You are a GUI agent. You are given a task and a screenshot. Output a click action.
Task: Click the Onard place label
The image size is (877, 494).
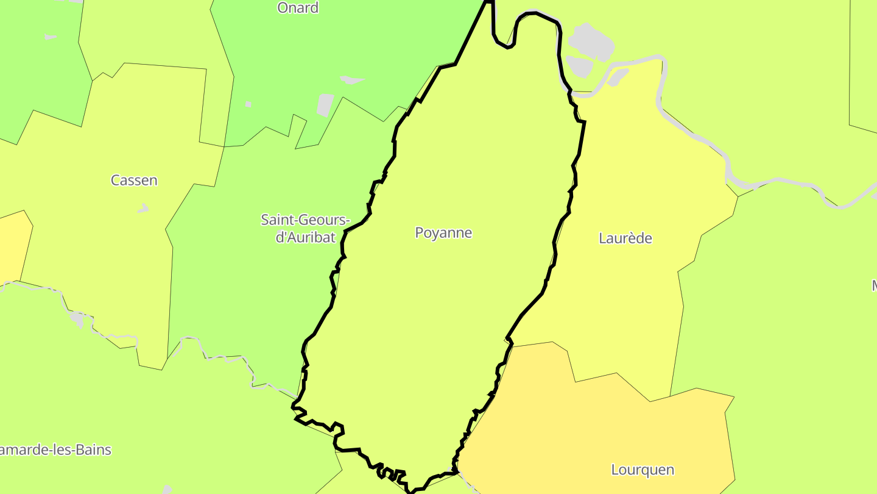[298, 8]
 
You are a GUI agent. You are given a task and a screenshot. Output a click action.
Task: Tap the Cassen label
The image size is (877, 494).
[134, 181]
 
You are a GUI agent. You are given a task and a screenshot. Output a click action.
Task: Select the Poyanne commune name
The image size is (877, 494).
[443, 233]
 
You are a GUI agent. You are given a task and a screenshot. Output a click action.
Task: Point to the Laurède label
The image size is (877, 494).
[625, 238]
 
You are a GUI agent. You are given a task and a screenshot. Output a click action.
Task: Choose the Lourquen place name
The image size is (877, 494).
[643, 470]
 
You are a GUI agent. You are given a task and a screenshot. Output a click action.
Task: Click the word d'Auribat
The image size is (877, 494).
[306, 237]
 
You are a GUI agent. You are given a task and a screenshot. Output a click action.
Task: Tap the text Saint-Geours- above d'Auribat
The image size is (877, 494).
[306, 220]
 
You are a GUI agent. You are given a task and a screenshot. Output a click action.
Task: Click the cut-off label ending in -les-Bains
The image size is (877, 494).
[55, 451]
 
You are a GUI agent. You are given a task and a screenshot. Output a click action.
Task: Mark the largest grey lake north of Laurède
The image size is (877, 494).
[590, 40]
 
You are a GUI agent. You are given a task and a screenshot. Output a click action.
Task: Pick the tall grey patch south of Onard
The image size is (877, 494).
[325, 105]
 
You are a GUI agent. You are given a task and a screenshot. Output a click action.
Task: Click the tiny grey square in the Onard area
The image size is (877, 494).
[248, 104]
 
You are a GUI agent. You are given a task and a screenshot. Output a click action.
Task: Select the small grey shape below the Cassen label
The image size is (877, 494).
[143, 209]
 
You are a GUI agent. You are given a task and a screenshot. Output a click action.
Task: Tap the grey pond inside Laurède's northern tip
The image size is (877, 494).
[619, 77]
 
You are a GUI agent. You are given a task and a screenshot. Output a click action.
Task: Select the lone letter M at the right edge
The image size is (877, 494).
[873, 285]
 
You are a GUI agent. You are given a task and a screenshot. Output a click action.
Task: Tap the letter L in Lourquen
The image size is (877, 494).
[615, 470]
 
